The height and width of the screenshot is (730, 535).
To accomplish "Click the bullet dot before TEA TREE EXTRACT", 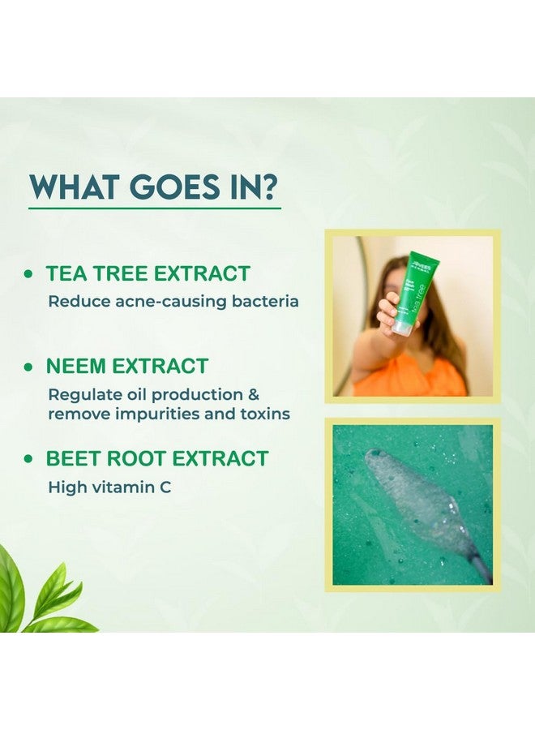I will (x=29, y=275).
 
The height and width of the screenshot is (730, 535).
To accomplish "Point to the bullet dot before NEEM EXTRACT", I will (x=29, y=367).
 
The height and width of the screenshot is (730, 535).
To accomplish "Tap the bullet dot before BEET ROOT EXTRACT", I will (x=29, y=460).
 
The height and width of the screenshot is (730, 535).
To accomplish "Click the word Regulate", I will (x=83, y=395).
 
